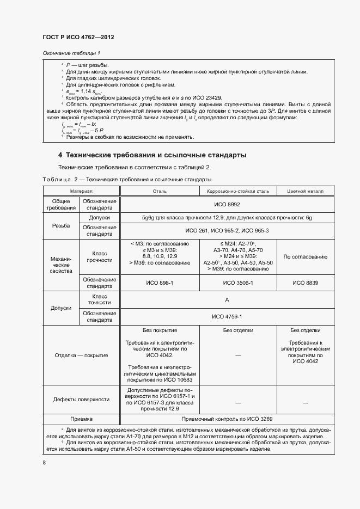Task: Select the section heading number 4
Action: (x=60, y=155)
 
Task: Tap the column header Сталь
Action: (x=160, y=192)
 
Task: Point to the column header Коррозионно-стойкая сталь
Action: (x=239, y=192)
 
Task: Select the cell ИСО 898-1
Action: (x=160, y=283)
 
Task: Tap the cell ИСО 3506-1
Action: (x=239, y=283)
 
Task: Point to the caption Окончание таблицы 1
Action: (x=71, y=53)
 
